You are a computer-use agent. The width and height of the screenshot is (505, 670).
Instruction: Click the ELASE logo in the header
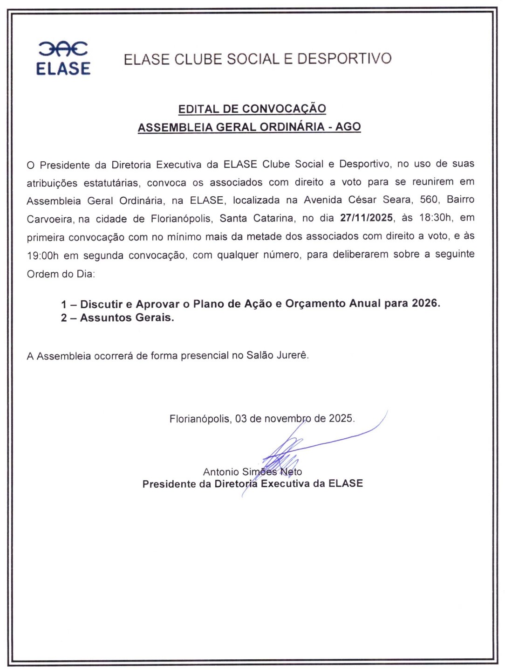coord(63,58)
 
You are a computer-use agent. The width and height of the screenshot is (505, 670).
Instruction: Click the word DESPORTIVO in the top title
coord(344,59)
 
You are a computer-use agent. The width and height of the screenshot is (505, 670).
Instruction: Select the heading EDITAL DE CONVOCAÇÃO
coord(252,109)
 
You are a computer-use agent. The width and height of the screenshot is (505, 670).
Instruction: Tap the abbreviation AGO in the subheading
coord(348,127)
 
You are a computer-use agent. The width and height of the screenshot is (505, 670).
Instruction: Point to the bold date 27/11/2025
coord(366,218)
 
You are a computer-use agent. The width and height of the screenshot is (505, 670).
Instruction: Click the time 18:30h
coord(436,218)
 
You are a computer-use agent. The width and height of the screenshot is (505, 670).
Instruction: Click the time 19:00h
coord(42,256)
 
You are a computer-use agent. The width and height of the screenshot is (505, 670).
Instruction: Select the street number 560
coord(429,200)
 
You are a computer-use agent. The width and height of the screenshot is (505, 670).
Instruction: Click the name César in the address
coord(362,200)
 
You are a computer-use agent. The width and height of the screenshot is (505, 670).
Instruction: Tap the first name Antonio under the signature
coord(221,472)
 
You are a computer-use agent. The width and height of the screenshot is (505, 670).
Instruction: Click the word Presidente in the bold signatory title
coord(169,484)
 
